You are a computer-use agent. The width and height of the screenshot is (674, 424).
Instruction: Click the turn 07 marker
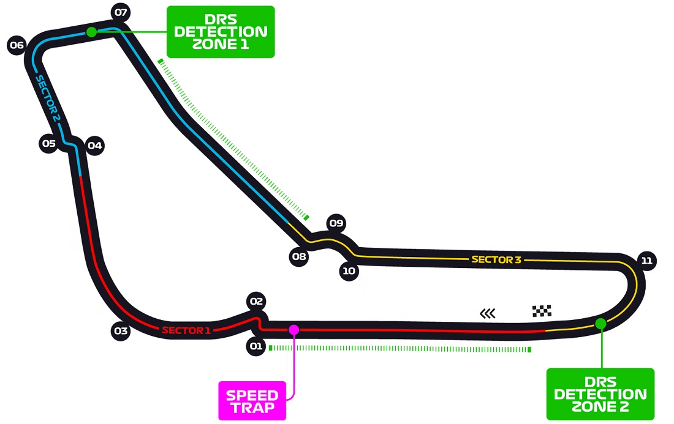pyautogui.click(x=121, y=12)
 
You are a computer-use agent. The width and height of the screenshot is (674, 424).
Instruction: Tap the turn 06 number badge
pyautogui.click(x=17, y=45)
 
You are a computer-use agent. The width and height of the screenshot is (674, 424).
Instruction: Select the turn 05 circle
pyautogui.click(x=49, y=143)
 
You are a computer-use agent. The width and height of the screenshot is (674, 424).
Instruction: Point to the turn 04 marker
pyautogui.click(x=94, y=146)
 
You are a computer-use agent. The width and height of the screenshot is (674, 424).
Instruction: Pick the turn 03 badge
pyautogui.click(x=121, y=331)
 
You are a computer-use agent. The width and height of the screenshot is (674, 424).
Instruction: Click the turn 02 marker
pyautogui.click(x=256, y=301)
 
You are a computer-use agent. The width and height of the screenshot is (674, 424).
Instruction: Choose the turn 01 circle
pyautogui.click(x=256, y=346)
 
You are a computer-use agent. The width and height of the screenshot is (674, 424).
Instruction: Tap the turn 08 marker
pyautogui.click(x=299, y=256)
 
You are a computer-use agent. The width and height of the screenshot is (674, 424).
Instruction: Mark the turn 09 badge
pyautogui.click(x=336, y=223)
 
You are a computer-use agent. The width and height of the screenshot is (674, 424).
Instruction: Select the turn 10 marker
pyautogui.click(x=349, y=271)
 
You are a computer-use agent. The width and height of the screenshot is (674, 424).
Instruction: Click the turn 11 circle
pyautogui.click(x=646, y=261)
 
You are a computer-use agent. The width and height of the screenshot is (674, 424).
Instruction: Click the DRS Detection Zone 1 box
pyautogui.click(x=221, y=32)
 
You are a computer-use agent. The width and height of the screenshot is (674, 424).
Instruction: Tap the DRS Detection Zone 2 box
pyautogui.click(x=600, y=394)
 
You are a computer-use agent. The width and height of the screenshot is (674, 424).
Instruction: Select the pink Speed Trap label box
pyautogui.click(x=252, y=401)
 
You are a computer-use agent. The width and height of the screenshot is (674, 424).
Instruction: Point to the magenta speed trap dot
pyautogui.click(x=294, y=330)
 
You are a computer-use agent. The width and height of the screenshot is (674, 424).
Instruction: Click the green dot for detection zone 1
pyautogui.click(x=91, y=32)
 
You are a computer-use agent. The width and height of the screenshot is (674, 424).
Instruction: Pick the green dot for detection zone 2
pyautogui.click(x=600, y=324)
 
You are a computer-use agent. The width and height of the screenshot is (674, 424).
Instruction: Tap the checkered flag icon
pyautogui.click(x=542, y=311)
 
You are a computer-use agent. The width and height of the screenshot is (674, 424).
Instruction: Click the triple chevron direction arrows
pyautogui.click(x=488, y=314)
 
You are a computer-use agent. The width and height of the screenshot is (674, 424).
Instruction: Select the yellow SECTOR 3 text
pyautogui.click(x=496, y=259)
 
